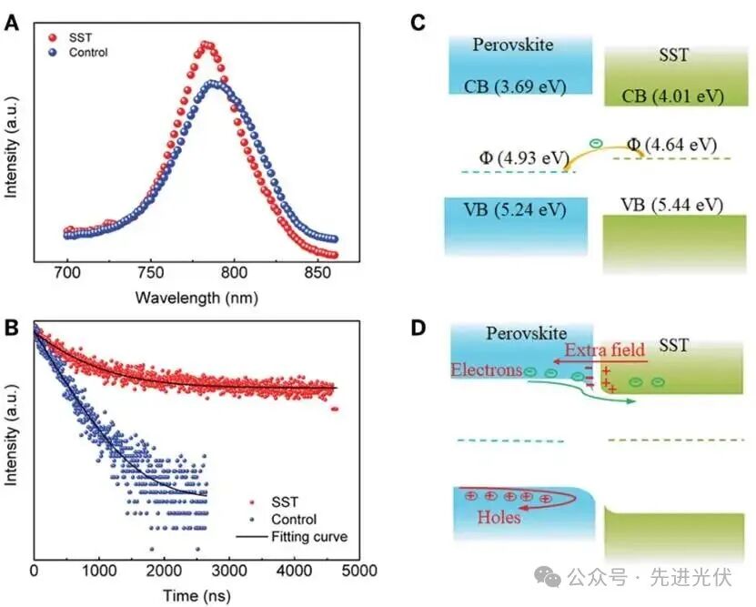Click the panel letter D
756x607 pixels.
(419, 327)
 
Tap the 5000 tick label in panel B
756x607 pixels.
(360, 572)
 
